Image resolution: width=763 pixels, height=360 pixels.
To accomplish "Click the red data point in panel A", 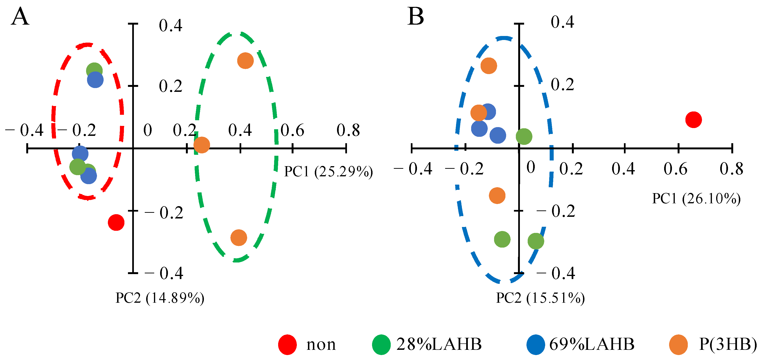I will tap(116, 222).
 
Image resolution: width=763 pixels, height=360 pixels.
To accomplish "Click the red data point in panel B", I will tap(693, 120).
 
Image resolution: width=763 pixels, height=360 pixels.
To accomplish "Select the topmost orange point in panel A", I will tap(245, 61).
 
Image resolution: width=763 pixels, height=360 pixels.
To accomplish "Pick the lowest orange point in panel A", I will tap(239, 237).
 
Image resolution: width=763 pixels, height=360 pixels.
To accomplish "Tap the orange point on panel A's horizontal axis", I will tap(202, 145).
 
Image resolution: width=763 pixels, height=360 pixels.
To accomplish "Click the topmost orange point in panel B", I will tap(489, 66).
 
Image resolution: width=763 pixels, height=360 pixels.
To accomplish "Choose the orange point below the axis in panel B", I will tap(497, 196).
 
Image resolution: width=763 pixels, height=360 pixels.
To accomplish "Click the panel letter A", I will tap(20, 17).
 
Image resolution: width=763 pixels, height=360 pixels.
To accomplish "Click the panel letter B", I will tap(416, 16).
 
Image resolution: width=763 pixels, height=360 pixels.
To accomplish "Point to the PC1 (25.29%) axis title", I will tap(329, 172).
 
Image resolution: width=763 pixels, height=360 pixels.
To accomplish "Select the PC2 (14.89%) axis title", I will tap(160, 298).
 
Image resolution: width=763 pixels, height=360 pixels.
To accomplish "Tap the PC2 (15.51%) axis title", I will tap(540, 298).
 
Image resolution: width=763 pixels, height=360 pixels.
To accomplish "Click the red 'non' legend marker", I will tap(287, 345).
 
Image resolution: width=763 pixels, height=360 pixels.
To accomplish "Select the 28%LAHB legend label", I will tap(439, 344).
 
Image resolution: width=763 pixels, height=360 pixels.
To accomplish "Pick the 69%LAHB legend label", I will tap(592, 344).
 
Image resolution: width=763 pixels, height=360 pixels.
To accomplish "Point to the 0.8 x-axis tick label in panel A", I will tap(348, 130).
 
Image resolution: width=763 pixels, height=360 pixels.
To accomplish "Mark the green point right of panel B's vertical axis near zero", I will tap(524, 137).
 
